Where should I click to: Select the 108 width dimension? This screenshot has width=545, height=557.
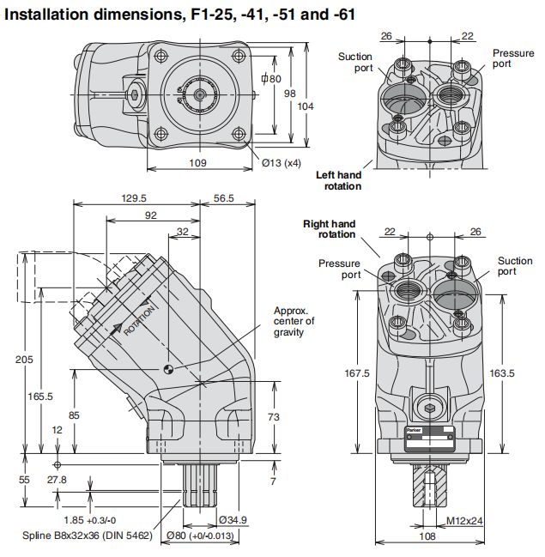[425, 537]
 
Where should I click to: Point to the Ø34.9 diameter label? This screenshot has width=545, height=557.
[233, 520]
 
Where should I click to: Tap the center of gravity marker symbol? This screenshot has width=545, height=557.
[169, 370]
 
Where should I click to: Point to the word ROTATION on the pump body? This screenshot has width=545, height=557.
[137, 318]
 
